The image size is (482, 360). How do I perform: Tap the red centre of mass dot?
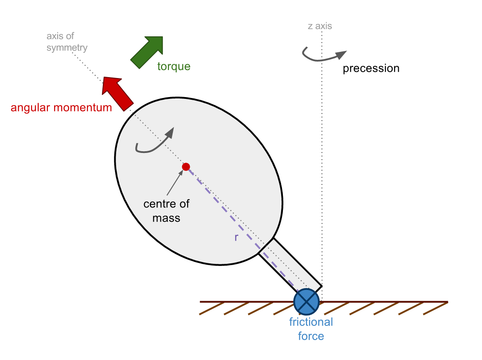click(x=186, y=167)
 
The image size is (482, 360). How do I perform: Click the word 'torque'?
click(x=173, y=67)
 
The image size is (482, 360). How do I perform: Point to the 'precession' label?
click(x=371, y=69)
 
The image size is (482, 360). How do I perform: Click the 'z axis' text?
click(x=320, y=26)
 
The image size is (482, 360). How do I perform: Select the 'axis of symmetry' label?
click(x=67, y=42)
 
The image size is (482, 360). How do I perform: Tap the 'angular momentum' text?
click(x=61, y=107)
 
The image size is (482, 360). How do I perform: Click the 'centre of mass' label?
click(x=166, y=211)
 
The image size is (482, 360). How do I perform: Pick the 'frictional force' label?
click(x=311, y=329)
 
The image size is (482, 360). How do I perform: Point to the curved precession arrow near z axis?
click(x=323, y=55)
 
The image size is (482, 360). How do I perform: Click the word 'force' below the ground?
click(x=311, y=336)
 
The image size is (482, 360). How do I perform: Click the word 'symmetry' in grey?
click(x=67, y=47)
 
